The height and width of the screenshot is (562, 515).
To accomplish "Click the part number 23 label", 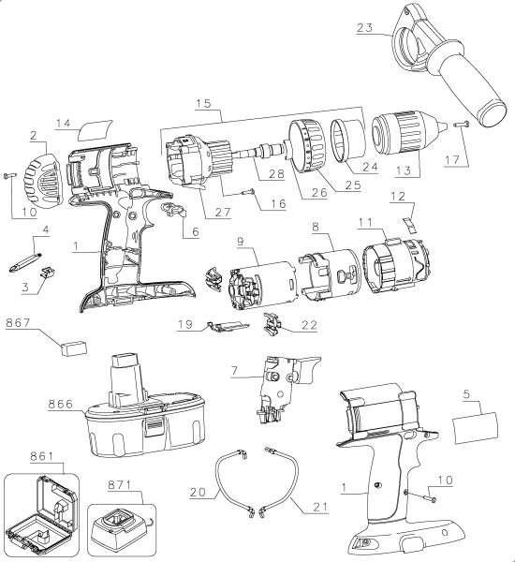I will click(x=368, y=28).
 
